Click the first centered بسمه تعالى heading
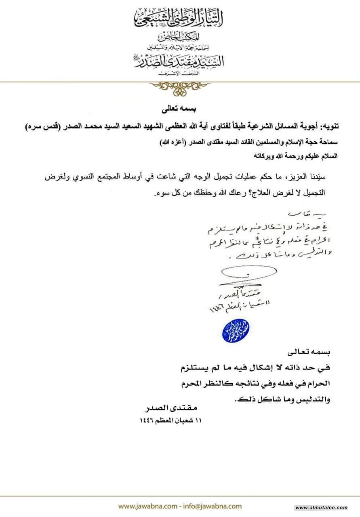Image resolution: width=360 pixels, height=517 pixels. pos(179,109)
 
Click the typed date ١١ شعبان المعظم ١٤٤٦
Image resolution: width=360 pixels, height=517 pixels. pos(170,420)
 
